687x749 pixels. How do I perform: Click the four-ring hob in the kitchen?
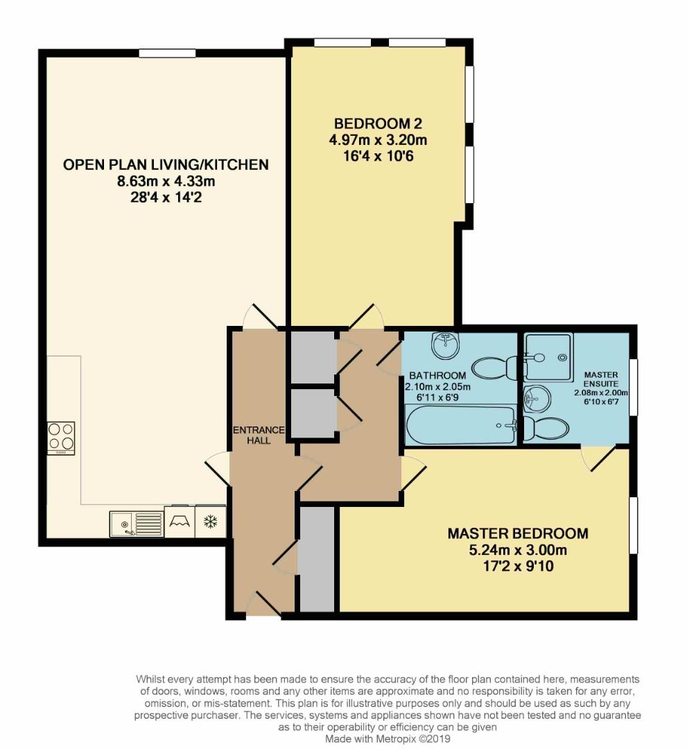[61, 438]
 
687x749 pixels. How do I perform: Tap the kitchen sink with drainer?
[136, 523]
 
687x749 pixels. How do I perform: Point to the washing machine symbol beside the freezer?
[180, 522]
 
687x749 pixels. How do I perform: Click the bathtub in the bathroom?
[459, 425]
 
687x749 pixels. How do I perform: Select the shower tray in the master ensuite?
[548, 356]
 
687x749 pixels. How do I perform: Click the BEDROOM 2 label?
[378, 124]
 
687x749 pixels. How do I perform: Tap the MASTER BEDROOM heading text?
[517, 534]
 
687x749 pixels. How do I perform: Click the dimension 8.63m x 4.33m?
[166, 182]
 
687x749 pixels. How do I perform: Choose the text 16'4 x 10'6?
[378, 155]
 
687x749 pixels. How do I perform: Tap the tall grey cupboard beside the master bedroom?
[316, 558]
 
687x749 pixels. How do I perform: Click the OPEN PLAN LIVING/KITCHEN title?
[166, 165]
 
